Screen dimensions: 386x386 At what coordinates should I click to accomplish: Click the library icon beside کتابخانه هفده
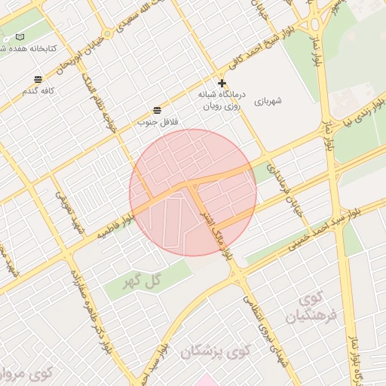[20, 37]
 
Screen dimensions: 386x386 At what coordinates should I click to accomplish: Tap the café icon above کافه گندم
[38, 79]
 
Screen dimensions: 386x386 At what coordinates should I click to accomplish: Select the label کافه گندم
[40, 90]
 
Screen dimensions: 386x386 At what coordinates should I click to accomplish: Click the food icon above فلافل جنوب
[156, 110]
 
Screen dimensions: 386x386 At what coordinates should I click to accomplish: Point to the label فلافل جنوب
[158, 121]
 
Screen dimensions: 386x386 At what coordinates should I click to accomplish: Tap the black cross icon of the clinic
[222, 83]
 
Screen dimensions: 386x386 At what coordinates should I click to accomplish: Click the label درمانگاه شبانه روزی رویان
[220, 101]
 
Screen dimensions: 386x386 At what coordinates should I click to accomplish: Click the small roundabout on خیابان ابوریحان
[107, 34]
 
